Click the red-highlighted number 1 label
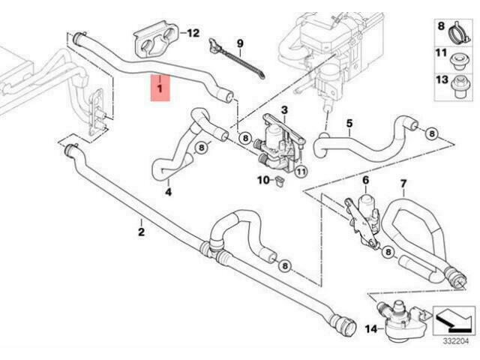pyautogui.click(x=158, y=89)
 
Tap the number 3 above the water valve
pyautogui.click(x=284, y=110)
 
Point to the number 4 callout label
pyautogui.click(x=168, y=192)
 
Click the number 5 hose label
pyautogui.click(x=349, y=122)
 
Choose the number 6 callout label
pyautogui.click(x=366, y=181)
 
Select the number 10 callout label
pyautogui.click(x=262, y=180)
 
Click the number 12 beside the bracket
pyautogui.click(x=193, y=33)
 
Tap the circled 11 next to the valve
pyautogui.click(x=300, y=171)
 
